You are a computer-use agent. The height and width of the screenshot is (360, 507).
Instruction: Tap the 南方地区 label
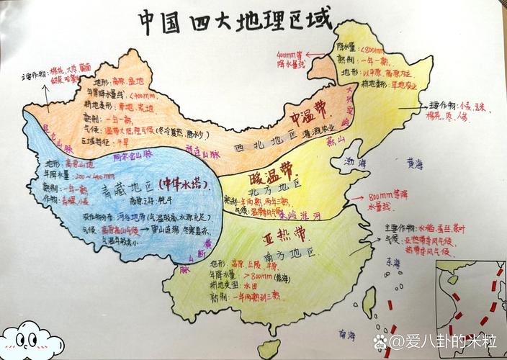pyautogui.click(x=292, y=253)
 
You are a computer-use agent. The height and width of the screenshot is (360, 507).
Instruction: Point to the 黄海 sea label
pyautogui.click(x=415, y=164)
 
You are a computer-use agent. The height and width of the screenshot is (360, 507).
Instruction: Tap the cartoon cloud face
pyautogui.click(x=28, y=338)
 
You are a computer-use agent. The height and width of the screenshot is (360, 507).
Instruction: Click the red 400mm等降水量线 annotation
pyautogui.click(x=294, y=58)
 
